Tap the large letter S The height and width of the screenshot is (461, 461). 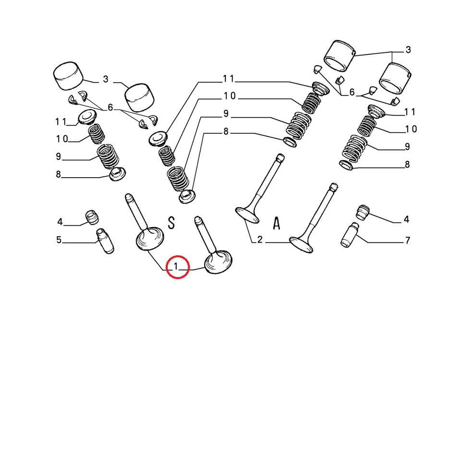click(171, 222)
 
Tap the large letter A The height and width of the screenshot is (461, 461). click(276, 224)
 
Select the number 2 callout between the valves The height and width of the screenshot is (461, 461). click(260, 240)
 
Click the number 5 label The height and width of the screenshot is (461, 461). click(59, 240)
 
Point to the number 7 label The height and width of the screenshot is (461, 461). click(407, 240)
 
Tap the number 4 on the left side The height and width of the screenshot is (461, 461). click(60, 222)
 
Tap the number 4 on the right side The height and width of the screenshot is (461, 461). click(406, 219)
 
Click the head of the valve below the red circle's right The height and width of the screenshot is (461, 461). click(219, 263)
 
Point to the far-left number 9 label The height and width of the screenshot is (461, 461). click(58, 157)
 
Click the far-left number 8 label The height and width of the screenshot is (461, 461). click(58, 174)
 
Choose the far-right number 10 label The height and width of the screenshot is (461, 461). click(411, 129)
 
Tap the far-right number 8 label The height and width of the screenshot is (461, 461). click(407, 165)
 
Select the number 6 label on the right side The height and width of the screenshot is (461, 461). click(352, 92)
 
